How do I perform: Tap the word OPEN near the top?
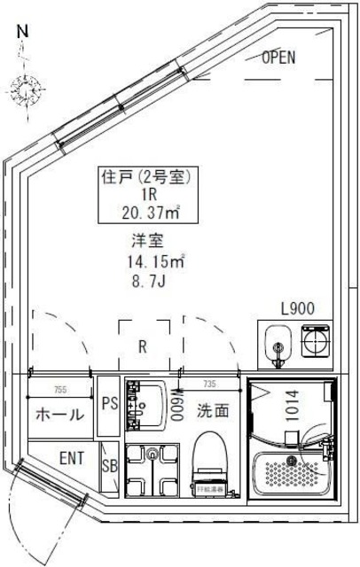point(278,58)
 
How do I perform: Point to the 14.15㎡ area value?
point(155,261)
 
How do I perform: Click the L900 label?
point(297,309)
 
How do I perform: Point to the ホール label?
point(59,415)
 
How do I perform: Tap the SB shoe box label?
point(109,466)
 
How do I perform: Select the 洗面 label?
point(213,411)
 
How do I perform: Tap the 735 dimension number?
point(210,383)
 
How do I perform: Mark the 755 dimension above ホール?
point(59,388)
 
